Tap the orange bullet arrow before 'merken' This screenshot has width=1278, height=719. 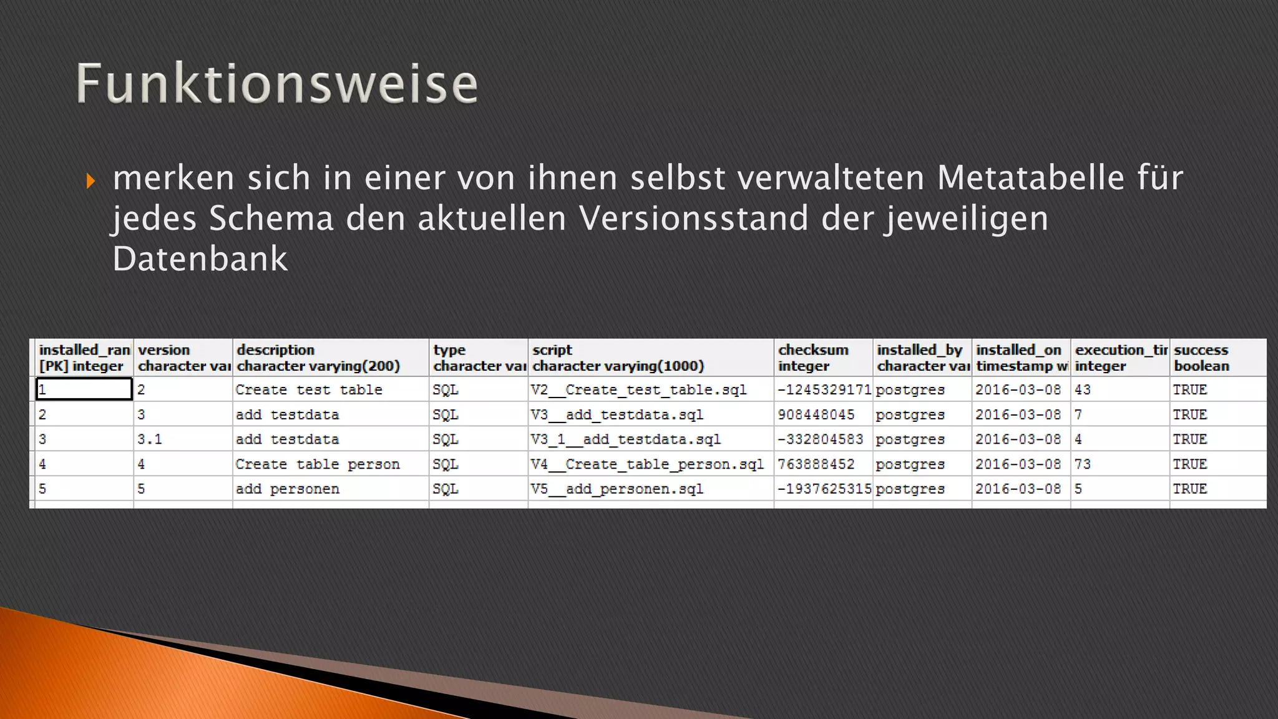click(91, 181)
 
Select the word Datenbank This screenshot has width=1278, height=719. click(200, 258)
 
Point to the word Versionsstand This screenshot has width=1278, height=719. click(693, 218)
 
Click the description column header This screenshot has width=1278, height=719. click(318, 358)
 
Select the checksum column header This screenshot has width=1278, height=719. click(813, 358)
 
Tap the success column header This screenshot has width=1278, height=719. click(1201, 358)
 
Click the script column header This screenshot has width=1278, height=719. click(618, 358)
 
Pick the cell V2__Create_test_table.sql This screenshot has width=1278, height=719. click(638, 389)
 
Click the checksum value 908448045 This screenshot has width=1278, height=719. click(816, 414)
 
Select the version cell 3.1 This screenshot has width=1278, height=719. click(150, 439)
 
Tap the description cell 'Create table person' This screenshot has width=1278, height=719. click(318, 464)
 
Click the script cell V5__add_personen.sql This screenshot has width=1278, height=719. click(617, 489)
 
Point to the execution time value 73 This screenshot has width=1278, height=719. click(1083, 464)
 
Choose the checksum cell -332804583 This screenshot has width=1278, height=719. click(820, 439)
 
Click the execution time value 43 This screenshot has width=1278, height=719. click(1083, 389)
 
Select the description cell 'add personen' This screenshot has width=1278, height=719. click(288, 489)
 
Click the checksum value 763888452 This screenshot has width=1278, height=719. click(816, 464)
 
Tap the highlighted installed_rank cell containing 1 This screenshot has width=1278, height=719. click(84, 389)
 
